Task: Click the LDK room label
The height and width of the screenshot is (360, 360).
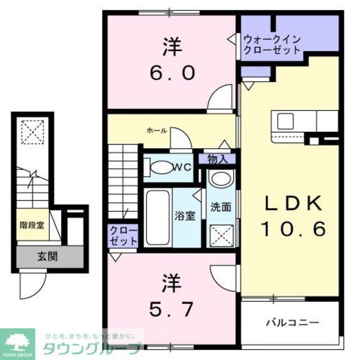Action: (x=293, y=204)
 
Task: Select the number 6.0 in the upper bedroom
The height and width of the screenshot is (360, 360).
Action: (x=171, y=73)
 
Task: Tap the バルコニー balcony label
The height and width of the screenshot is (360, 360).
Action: (x=292, y=322)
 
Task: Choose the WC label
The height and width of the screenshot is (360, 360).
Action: (x=182, y=168)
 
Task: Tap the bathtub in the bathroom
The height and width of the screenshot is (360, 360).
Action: (x=158, y=217)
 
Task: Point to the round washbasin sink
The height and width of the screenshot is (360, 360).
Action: (x=221, y=179)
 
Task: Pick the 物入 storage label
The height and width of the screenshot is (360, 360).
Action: (x=217, y=159)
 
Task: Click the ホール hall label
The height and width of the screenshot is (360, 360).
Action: (x=156, y=130)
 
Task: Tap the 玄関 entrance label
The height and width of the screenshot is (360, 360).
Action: (x=48, y=257)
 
